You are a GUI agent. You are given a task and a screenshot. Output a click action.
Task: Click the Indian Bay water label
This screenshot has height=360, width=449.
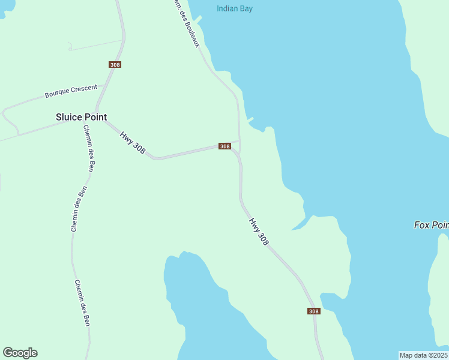tap(234, 8)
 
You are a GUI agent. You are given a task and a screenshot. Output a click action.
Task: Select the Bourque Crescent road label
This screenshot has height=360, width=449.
tap(71, 92)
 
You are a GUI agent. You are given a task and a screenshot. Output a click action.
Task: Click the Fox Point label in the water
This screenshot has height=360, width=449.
tap(431, 225)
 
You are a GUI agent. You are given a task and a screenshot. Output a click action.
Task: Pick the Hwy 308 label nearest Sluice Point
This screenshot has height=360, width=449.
tap(133, 142)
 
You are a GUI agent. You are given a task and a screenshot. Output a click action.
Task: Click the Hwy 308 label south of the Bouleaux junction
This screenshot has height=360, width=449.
tap(259, 232)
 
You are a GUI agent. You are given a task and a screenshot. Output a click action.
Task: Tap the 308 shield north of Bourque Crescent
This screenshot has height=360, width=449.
tap(115, 64)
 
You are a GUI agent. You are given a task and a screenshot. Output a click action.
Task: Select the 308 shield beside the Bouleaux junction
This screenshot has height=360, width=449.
tap(224, 146)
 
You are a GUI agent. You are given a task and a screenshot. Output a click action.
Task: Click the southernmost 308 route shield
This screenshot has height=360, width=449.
tap(314, 311)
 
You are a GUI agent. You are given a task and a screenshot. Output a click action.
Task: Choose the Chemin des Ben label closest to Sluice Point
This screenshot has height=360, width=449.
tap(89, 149)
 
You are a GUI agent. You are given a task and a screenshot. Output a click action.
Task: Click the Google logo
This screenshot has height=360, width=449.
tap(20, 353)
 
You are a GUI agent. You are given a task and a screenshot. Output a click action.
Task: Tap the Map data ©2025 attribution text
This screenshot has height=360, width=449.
tap(424, 355)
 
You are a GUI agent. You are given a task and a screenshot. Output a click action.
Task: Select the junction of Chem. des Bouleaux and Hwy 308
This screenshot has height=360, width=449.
tap(239, 142)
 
